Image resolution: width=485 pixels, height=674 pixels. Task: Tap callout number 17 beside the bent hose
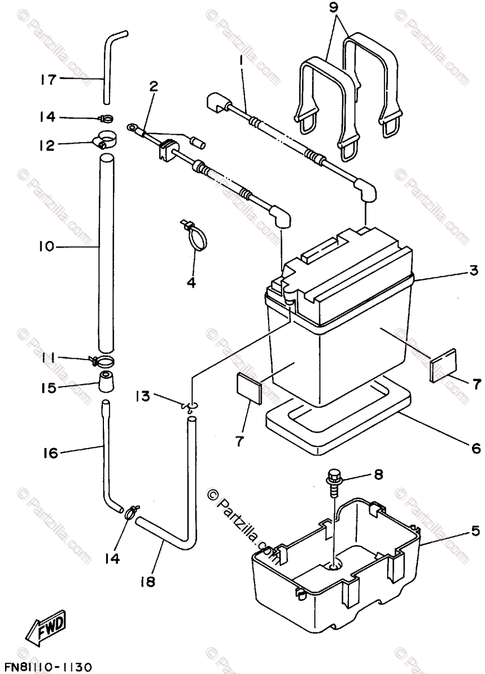pos(49,79)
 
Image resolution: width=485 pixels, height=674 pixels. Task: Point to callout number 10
pos(47,246)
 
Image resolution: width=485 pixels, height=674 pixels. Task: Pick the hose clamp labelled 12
pos(107,138)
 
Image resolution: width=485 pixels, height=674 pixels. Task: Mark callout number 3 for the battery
pos(474,271)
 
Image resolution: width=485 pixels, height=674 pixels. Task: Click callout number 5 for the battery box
pos(475,530)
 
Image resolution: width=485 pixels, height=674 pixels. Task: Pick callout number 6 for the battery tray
pos(475,448)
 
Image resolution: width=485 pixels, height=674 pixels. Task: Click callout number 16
pos(51,452)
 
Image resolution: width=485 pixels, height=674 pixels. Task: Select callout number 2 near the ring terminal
pos(153,86)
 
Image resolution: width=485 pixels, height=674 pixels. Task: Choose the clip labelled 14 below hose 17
pos(105,118)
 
